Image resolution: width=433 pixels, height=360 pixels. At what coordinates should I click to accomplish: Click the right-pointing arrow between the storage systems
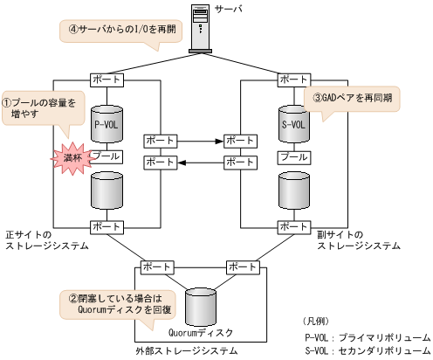click(x=200, y=140)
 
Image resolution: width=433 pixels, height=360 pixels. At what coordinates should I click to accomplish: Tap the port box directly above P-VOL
click(x=106, y=80)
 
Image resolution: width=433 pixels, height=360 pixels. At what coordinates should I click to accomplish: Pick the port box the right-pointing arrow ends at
click(x=239, y=140)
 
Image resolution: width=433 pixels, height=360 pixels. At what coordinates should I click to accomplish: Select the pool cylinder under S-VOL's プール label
click(x=293, y=187)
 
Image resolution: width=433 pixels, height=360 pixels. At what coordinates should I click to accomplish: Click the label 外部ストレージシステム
click(x=187, y=350)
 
